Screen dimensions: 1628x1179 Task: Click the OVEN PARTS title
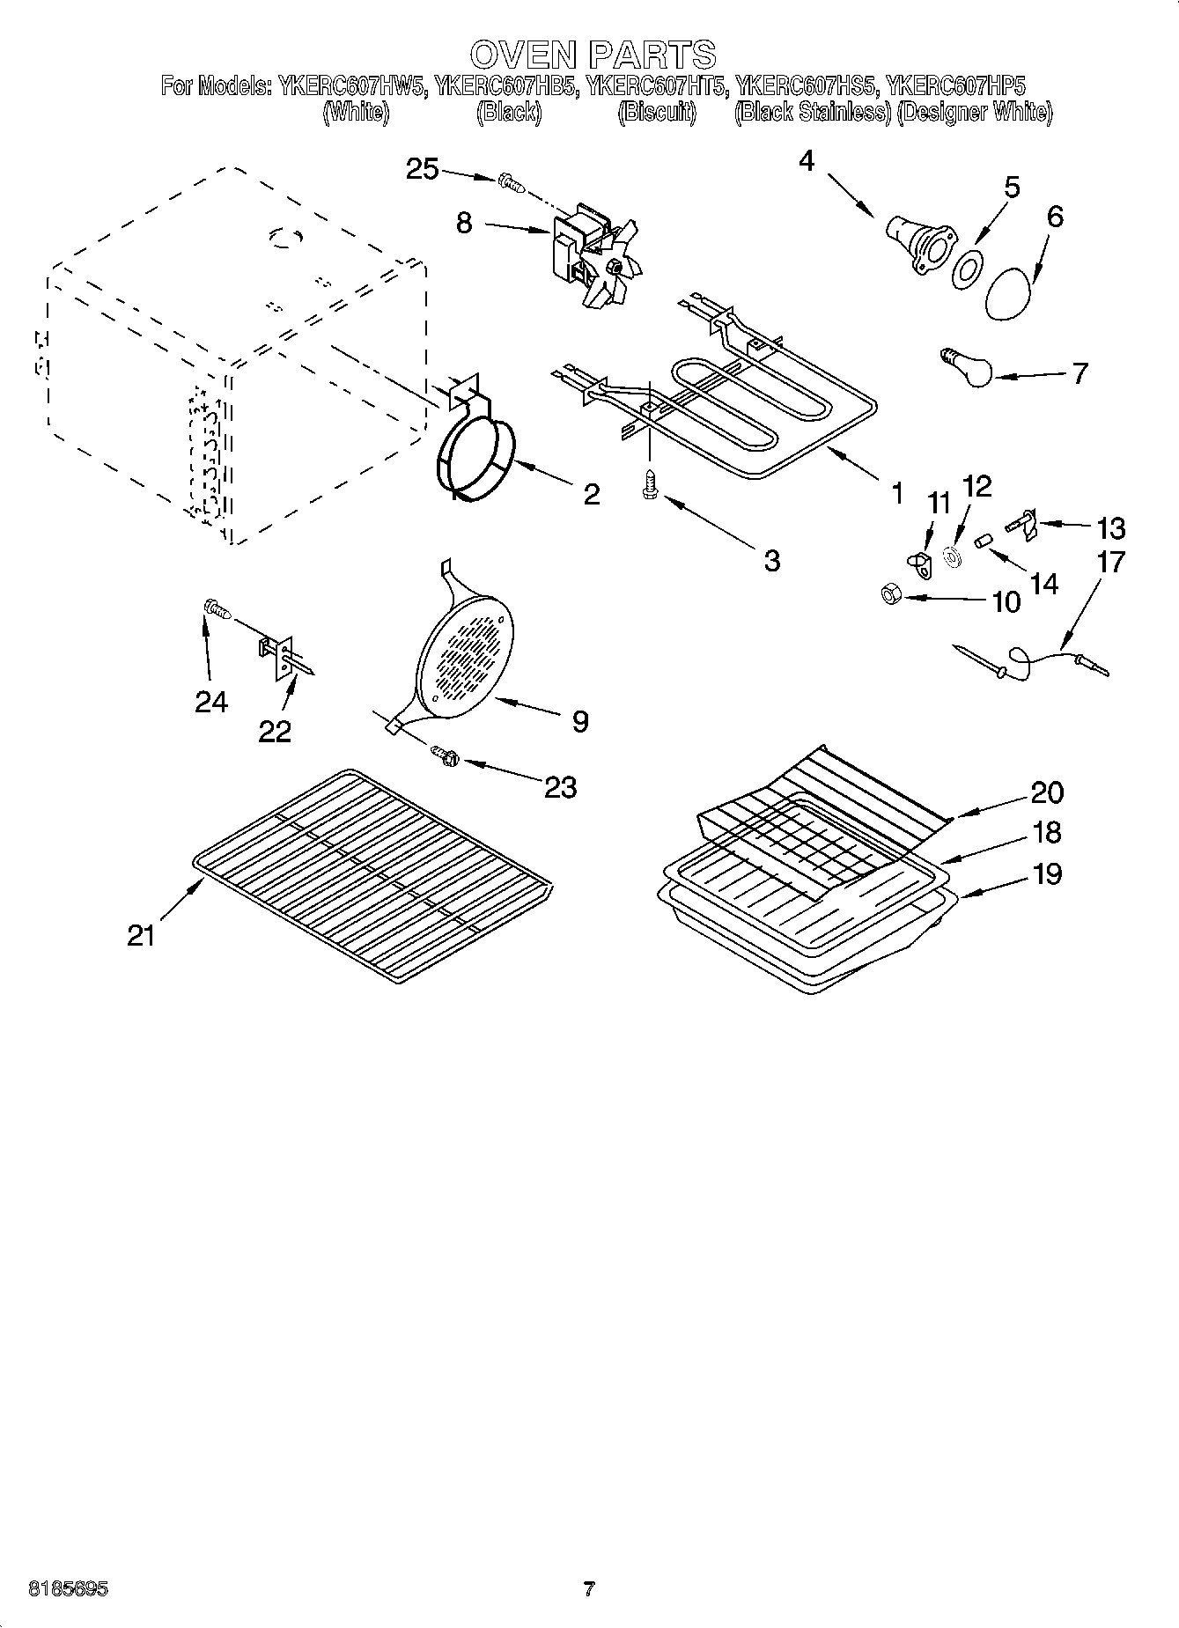point(592,55)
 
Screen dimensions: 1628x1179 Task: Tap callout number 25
point(423,168)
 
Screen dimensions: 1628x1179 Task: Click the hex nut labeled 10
point(889,596)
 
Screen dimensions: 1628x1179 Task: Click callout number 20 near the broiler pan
point(1046,792)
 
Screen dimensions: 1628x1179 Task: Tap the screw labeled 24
point(215,608)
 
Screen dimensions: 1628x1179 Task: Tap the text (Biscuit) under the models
point(657,113)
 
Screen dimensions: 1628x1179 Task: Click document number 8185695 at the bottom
point(68,1589)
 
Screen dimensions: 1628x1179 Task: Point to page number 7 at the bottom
point(589,1589)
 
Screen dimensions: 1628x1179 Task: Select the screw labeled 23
point(445,754)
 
